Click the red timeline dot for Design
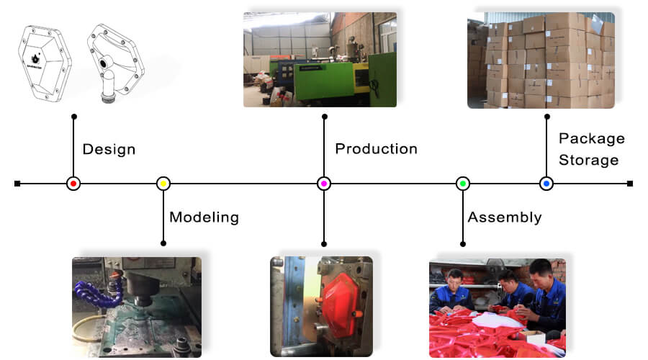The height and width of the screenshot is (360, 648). tap(73, 184)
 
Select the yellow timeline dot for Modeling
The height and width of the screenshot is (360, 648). tap(163, 184)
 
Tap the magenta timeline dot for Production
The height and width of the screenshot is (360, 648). tap(324, 184)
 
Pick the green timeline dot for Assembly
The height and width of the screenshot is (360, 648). tap(462, 184)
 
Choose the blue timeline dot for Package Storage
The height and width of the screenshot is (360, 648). tap(546, 184)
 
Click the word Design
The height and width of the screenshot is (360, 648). tap(109, 150)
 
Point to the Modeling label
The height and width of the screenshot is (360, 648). tap(204, 217)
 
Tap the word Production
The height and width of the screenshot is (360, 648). tap(376, 149)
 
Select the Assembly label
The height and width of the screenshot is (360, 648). tap(504, 217)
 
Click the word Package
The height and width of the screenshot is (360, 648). tap(591, 138)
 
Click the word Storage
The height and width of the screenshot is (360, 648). tap(588, 160)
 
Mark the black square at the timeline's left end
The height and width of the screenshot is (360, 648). tap(17, 184)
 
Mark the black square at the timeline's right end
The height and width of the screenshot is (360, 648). tap(630, 184)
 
